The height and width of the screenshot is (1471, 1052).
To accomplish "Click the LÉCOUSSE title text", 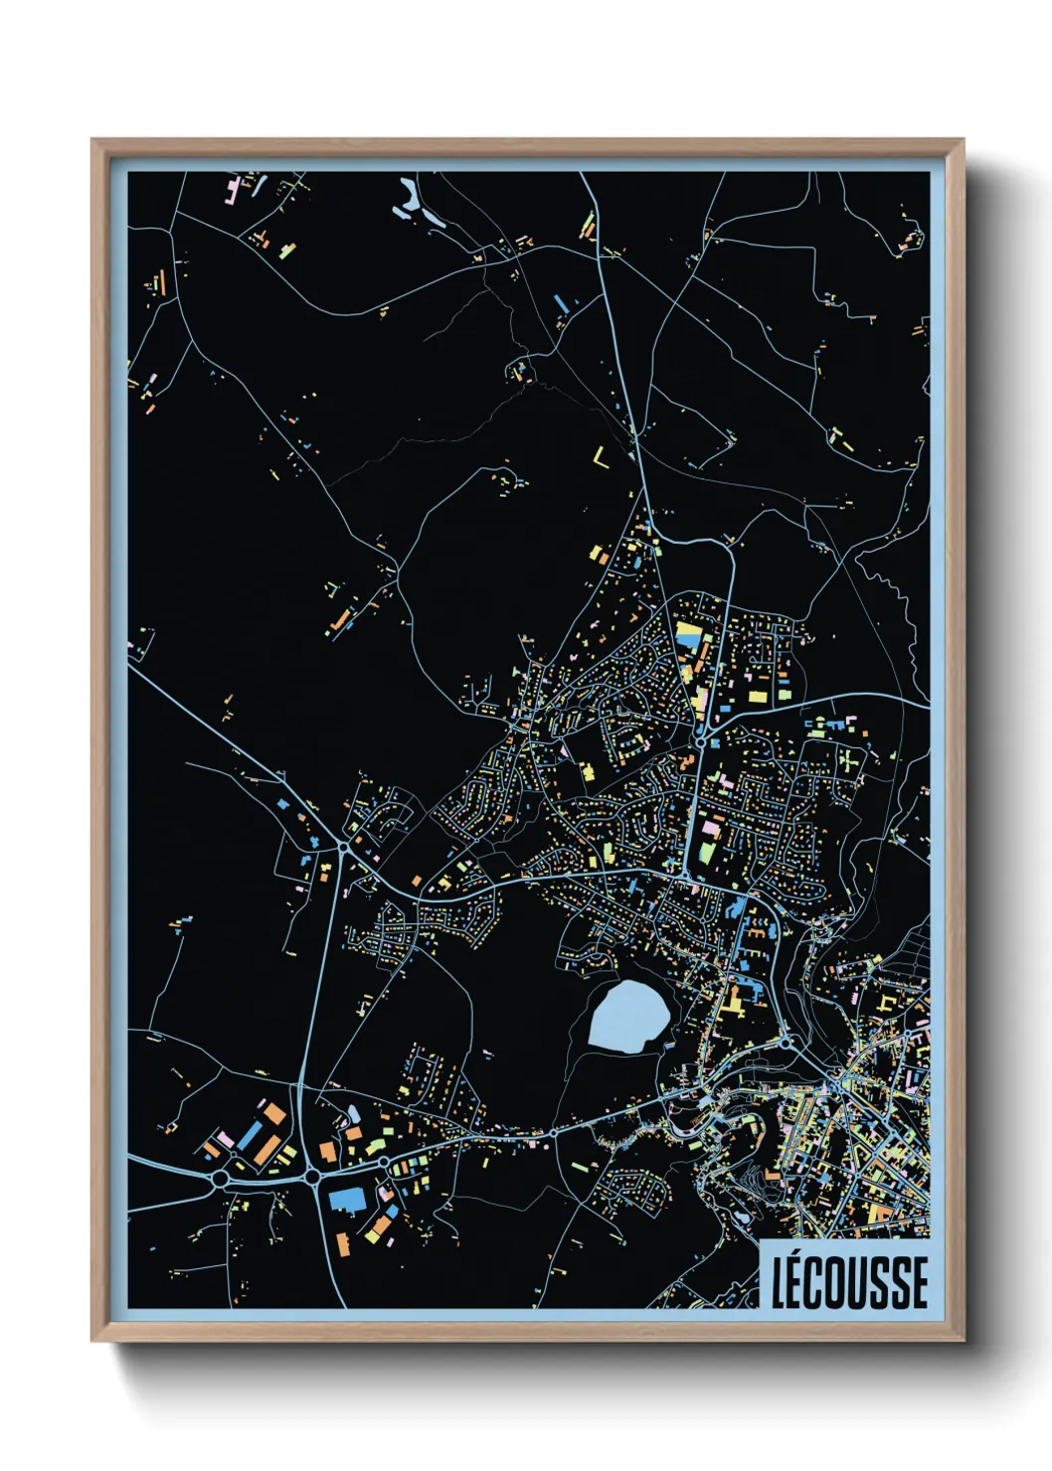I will [x=850, y=1282].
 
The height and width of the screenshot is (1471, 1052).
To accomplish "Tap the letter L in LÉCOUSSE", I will [x=781, y=1282].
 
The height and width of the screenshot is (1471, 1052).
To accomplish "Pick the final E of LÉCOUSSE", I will [x=919, y=1282].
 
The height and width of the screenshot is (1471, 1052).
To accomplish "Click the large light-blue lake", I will [x=628, y=1016].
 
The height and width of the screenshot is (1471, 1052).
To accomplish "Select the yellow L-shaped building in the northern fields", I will [x=601, y=458].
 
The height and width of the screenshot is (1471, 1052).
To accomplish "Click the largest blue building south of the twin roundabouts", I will [x=348, y=1199].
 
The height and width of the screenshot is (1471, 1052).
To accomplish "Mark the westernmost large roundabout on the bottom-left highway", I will [x=220, y=1179].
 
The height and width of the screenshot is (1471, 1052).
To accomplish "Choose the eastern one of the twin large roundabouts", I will [x=313, y=1177].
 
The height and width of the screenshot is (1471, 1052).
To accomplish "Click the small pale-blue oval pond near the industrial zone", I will [x=353, y=1113].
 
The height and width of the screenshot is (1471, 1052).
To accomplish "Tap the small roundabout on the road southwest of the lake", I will [x=553, y=1133].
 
